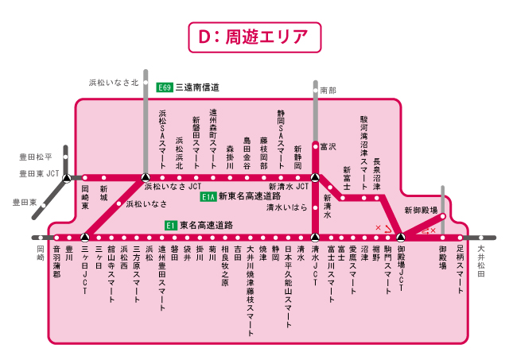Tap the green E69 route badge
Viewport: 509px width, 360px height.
[165, 87]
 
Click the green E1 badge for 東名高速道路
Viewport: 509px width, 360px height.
[170, 226]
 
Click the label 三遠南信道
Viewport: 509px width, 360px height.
[197, 87]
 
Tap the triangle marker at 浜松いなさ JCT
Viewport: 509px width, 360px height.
[145, 177]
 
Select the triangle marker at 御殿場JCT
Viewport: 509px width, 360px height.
[401, 237]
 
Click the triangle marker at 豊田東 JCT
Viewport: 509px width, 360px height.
[68, 177]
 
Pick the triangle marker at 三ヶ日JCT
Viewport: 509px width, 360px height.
[84, 237]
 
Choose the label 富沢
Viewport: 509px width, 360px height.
[328, 147]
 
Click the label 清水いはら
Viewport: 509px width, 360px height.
[286, 207]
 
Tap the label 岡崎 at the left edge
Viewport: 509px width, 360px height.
[41, 254]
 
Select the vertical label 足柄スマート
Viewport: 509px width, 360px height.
[460, 270]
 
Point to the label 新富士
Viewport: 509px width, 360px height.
[347, 176]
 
